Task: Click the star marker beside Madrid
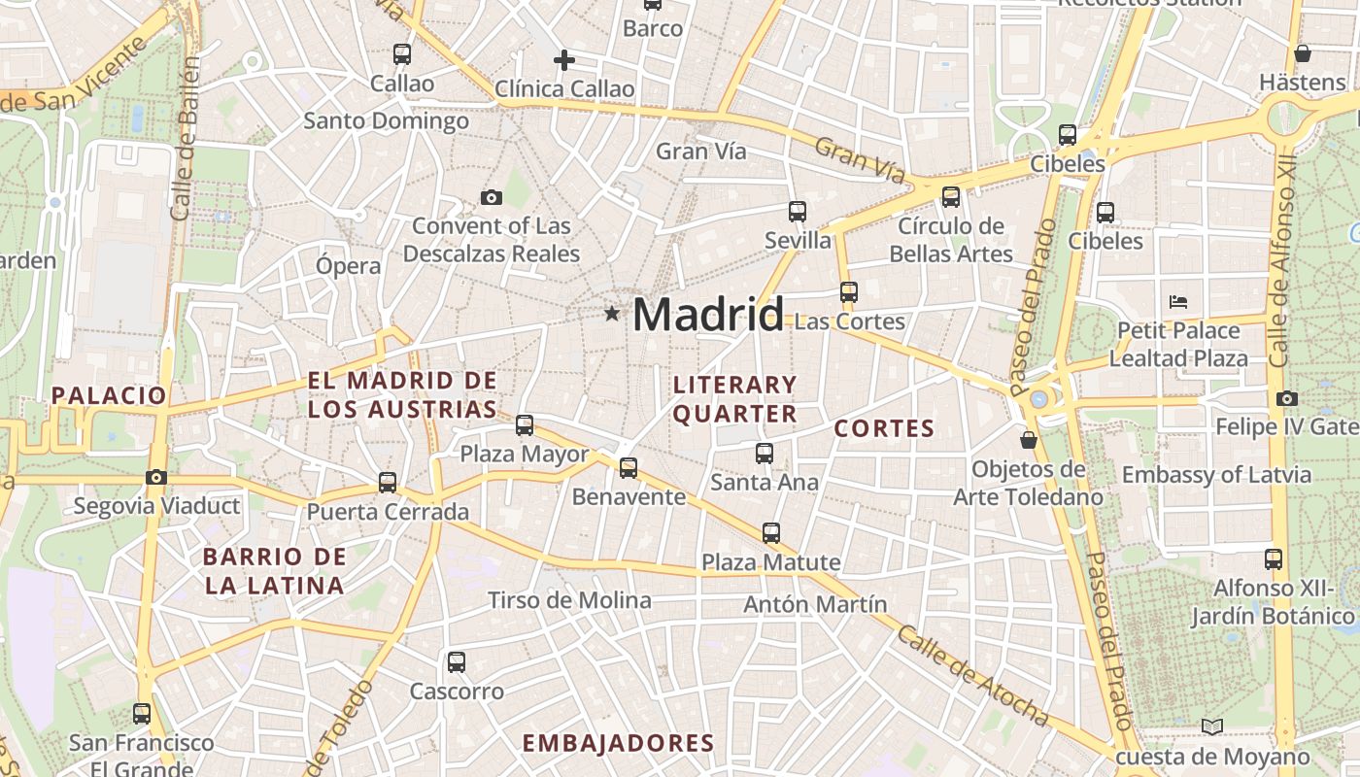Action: point(612,313)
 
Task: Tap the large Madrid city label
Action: point(708,314)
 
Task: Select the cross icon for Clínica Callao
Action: point(563,60)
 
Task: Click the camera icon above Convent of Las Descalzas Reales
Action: point(492,198)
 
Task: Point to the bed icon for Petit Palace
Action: point(1178,301)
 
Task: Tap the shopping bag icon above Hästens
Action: point(1302,53)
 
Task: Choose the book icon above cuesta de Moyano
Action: point(1211,726)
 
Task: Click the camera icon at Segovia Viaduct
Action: point(155,477)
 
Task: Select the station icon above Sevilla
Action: point(798,211)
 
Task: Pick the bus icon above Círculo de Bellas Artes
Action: point(951,197)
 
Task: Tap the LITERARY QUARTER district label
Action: point(734,399)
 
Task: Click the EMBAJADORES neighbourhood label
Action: point(618,743)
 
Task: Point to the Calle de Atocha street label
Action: point(972,677)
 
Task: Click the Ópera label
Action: point(349,265)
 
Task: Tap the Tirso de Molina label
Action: point(569,600)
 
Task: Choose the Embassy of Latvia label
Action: point(1216,475)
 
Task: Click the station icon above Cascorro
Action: point(457,662)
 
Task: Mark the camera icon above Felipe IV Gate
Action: point(1287,398)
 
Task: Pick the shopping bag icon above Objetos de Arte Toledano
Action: point(1029,441)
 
